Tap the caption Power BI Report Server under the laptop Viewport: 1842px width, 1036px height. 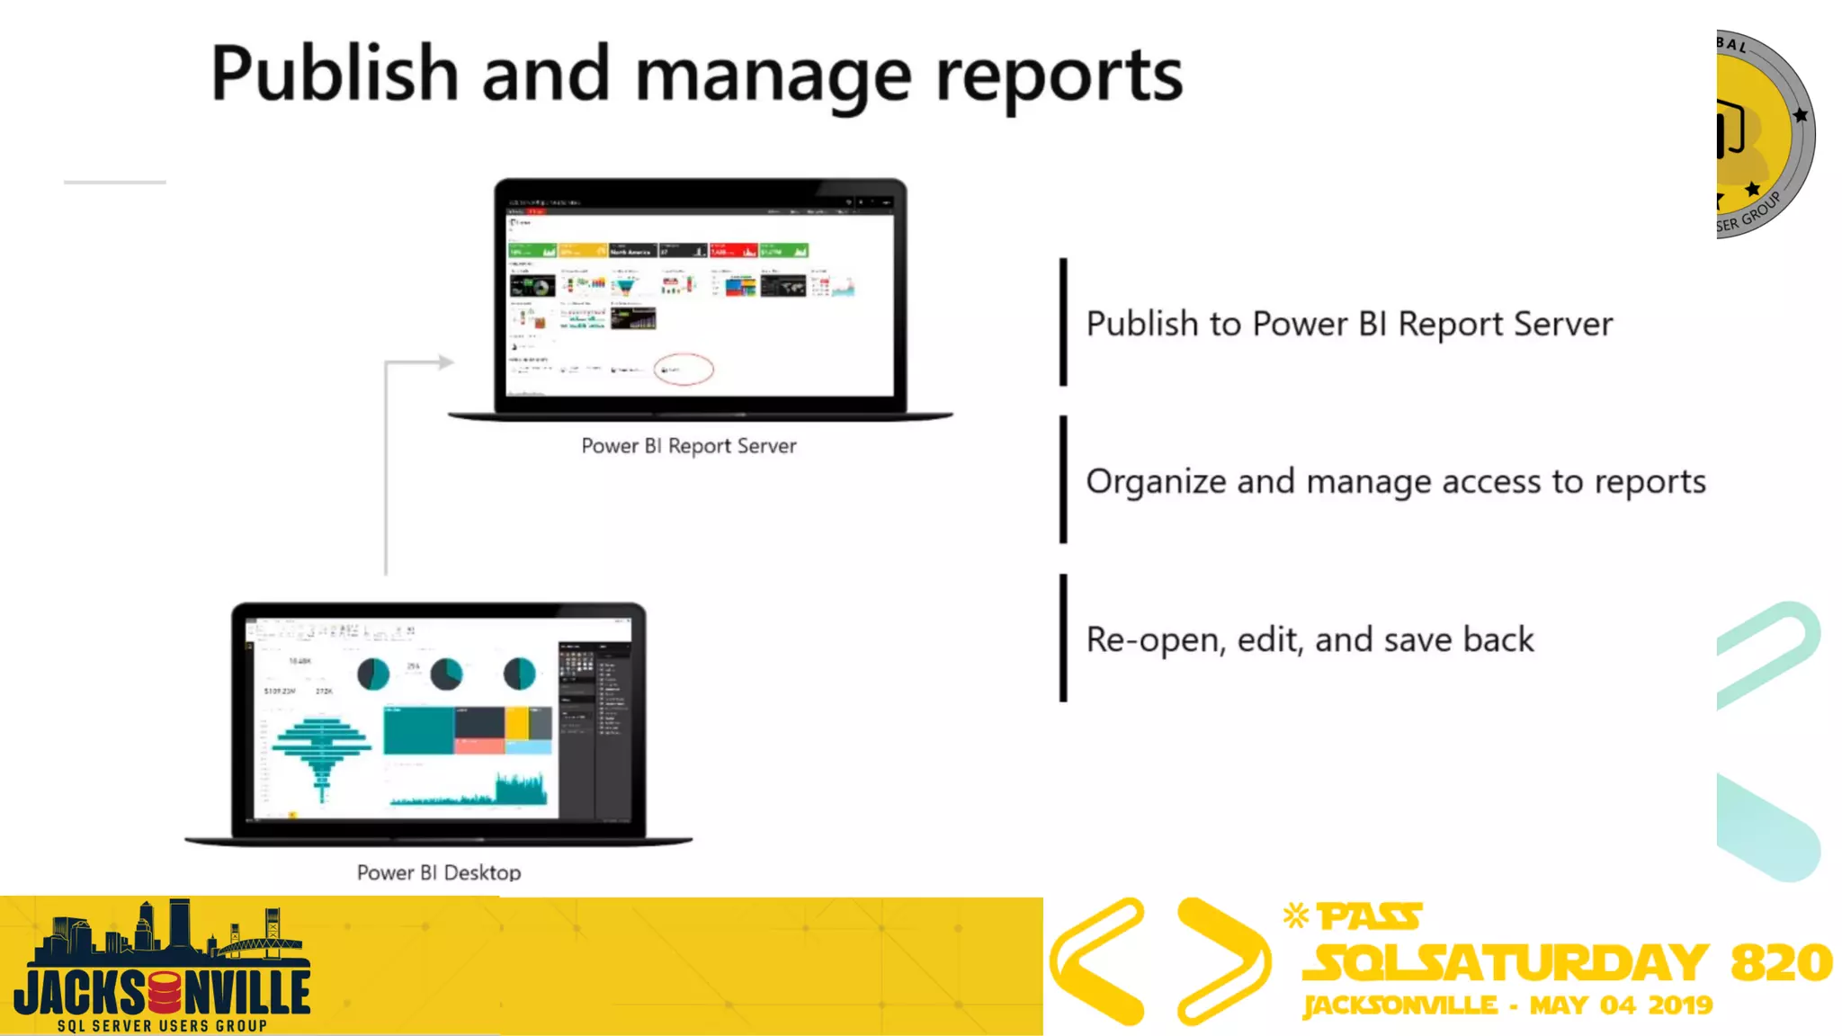[688, 446]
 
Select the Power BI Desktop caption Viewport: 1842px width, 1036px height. [439, 872]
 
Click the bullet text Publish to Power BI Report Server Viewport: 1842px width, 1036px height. [1349, 324]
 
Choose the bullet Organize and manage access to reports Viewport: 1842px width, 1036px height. [1395, 482]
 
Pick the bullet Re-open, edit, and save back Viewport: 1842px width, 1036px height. [1310, 639]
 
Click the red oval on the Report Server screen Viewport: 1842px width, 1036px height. [684, 369]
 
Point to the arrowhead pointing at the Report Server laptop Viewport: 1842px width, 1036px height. [445, 362]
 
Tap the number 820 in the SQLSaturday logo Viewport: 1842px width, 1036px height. [1781, 962]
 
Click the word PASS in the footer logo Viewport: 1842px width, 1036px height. [1369, 917]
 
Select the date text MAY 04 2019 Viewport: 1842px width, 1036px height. [1621, 1005]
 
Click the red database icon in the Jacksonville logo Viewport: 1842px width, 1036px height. [165, 993]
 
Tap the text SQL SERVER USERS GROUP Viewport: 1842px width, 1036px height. [162, 1026]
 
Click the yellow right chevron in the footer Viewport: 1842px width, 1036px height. [1223, 960]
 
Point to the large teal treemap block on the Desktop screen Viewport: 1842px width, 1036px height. [418, 729]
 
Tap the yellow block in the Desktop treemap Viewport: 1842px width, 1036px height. [516, 723]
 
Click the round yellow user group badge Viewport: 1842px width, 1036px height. [1763, 135]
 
